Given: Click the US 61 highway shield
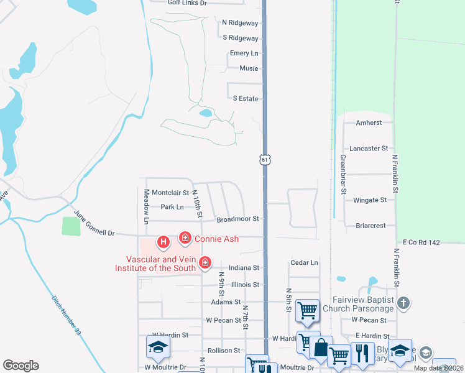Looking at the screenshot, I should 265,160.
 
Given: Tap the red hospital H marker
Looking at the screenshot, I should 163,241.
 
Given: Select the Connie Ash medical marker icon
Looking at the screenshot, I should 185,237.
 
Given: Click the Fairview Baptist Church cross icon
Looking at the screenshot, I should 403,303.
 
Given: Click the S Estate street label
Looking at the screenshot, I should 246,99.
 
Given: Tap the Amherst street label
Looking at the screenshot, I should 369,123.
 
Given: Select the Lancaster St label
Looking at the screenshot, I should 369,149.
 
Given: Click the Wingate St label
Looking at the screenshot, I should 370,200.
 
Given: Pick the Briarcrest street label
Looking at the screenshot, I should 372,226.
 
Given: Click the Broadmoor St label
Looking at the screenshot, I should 237,219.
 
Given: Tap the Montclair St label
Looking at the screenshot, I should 170,193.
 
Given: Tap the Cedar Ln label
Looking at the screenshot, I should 304,263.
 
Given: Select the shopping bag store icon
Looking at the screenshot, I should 321,348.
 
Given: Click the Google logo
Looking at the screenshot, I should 21,366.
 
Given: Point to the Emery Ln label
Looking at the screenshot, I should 244,53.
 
